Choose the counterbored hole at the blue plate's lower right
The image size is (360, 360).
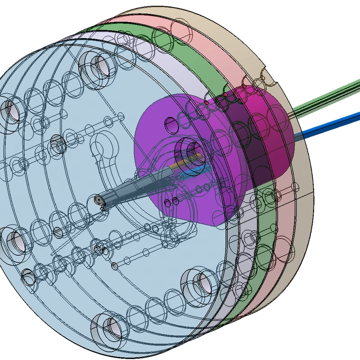pyautogui.click(x=198, y=283)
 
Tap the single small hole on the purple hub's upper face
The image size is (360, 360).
pyautogui.click(x=170, y=123)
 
